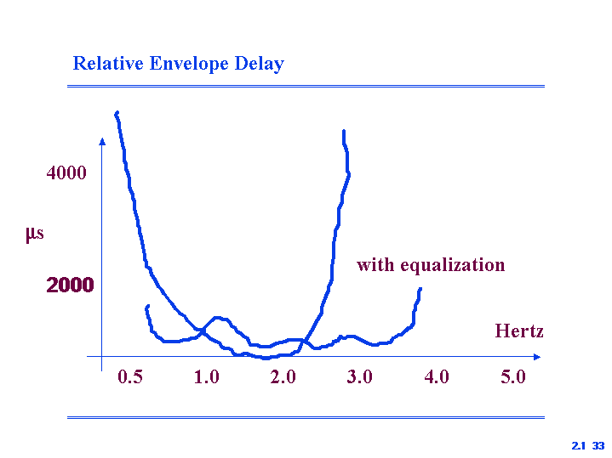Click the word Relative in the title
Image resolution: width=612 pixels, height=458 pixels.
[x=108, y=63]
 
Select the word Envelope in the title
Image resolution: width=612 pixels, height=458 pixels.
[x=189, y=65]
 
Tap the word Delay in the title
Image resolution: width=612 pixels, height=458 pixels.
[x=259, y=65]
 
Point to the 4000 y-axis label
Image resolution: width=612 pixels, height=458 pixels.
[x=66, y=172]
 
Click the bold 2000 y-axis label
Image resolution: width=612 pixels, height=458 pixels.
[x=71, y=285]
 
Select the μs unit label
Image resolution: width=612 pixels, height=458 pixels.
[x=35, y=234]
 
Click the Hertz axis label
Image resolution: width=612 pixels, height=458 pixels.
[x=519, y=331]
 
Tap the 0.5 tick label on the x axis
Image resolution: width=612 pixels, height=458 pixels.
[x=130, y=377]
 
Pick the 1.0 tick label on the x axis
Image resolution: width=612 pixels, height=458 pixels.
[x=207, y=377]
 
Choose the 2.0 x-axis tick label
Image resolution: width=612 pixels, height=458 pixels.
[x=283, y=377]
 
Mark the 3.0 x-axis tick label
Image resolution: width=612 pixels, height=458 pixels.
[x=359, y=377]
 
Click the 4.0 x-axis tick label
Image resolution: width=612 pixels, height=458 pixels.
[x=437, y=377]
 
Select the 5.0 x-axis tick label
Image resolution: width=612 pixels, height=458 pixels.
[x=513, y=377]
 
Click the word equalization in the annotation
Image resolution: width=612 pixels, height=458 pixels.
[x=453, y=266]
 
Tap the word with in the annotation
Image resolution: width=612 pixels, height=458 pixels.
[x=375, y=264]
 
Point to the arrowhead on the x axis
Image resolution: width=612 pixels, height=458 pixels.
[x=537, y=357]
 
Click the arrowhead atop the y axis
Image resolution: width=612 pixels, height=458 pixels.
[x=102, y=142]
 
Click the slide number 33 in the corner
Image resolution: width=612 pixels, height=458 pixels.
[x=598, y=445]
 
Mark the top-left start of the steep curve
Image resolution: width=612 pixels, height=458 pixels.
[x=117, y=113]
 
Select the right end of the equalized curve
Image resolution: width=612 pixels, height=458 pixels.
[x=420, y=289]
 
